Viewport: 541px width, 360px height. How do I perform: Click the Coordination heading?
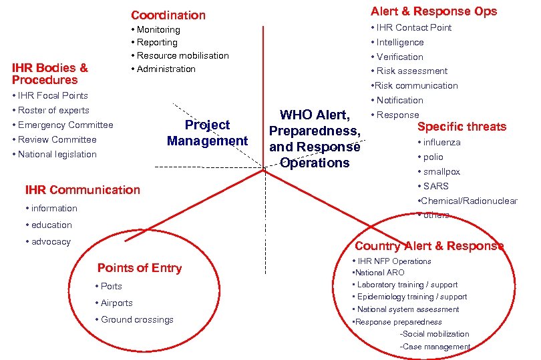point(168,15)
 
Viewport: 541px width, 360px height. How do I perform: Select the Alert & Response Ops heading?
point(434,11)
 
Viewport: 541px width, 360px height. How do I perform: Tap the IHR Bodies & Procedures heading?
point(50,73)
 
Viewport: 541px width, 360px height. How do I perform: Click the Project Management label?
point(207,133)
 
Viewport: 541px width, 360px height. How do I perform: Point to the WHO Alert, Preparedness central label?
point(315,139)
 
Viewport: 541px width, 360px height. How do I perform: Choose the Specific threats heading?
point(462,127)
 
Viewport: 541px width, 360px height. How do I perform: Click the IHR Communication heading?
point(82,189)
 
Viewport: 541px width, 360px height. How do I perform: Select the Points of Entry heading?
point(140,268)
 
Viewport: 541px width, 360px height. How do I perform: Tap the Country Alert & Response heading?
point(429,245)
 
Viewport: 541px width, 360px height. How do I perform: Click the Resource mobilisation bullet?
point(182,55)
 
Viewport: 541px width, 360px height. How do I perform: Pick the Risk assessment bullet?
point(411,71)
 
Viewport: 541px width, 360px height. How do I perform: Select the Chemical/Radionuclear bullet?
point(468,201)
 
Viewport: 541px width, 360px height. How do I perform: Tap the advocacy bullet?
point(51,241)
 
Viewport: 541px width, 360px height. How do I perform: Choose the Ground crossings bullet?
point(137,319)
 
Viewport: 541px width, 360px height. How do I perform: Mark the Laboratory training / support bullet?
point(407,285)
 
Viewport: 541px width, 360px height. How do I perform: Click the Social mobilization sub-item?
point(434,333)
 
